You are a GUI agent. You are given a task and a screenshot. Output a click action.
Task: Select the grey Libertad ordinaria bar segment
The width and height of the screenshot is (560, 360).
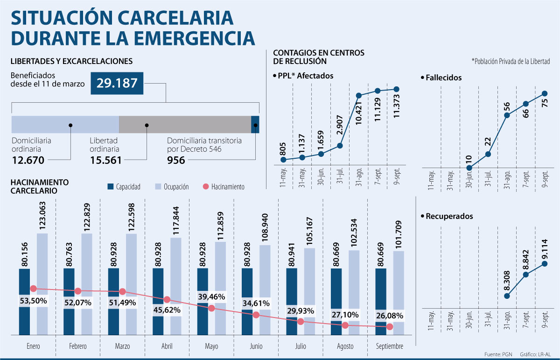pyautogui.click(x=185, y=125)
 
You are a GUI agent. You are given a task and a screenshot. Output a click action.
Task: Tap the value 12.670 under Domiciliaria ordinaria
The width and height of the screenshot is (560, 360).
pyautogui.click(x=28, y=161)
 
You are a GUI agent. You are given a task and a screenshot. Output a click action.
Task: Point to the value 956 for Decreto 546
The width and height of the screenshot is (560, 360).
pyautogui.click(x=176, y=161)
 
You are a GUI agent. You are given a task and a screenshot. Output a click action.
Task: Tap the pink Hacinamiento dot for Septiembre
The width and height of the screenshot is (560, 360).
pyautogui.click(x=390, y=327)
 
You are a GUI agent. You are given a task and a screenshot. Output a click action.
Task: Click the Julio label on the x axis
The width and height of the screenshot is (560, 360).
pyautogui.click(x=301, y=346)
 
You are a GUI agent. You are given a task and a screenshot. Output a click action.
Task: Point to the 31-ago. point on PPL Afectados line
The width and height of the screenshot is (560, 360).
pyautogui.click(x=359, y=96)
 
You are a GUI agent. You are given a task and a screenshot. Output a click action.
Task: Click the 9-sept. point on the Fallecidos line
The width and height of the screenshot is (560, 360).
pyautogui.click(x=544, y=93)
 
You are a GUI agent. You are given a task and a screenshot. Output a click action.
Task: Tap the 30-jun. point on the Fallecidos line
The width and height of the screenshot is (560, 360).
pyautogui.click(x=469, y=168)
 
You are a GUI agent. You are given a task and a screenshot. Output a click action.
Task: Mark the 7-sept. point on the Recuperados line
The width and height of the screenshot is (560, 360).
pyautogui.click(x=525, y=275)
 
